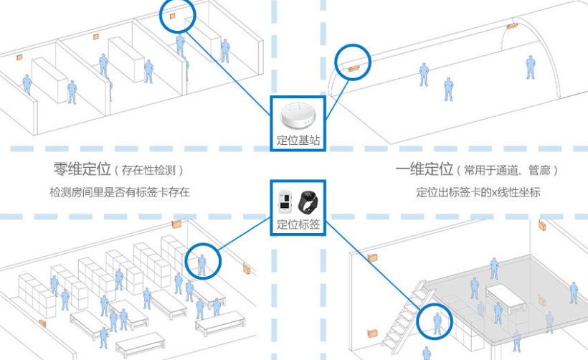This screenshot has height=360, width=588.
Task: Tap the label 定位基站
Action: click(297, 139)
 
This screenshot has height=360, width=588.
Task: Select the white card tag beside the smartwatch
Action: click(285, 201)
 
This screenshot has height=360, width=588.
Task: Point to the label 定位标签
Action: click(297, 224)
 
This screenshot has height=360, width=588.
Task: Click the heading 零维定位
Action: click(82, 170)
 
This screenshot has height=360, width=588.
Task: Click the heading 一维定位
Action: click(424, 170)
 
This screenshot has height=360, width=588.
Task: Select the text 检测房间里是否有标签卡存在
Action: click(120, 192)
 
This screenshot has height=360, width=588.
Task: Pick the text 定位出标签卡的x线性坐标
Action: click(478, 192)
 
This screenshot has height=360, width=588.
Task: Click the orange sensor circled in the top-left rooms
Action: click(172, 16)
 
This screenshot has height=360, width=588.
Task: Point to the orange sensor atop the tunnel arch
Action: click(512, 26)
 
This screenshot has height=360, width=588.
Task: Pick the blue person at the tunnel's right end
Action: click(531, 67)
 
